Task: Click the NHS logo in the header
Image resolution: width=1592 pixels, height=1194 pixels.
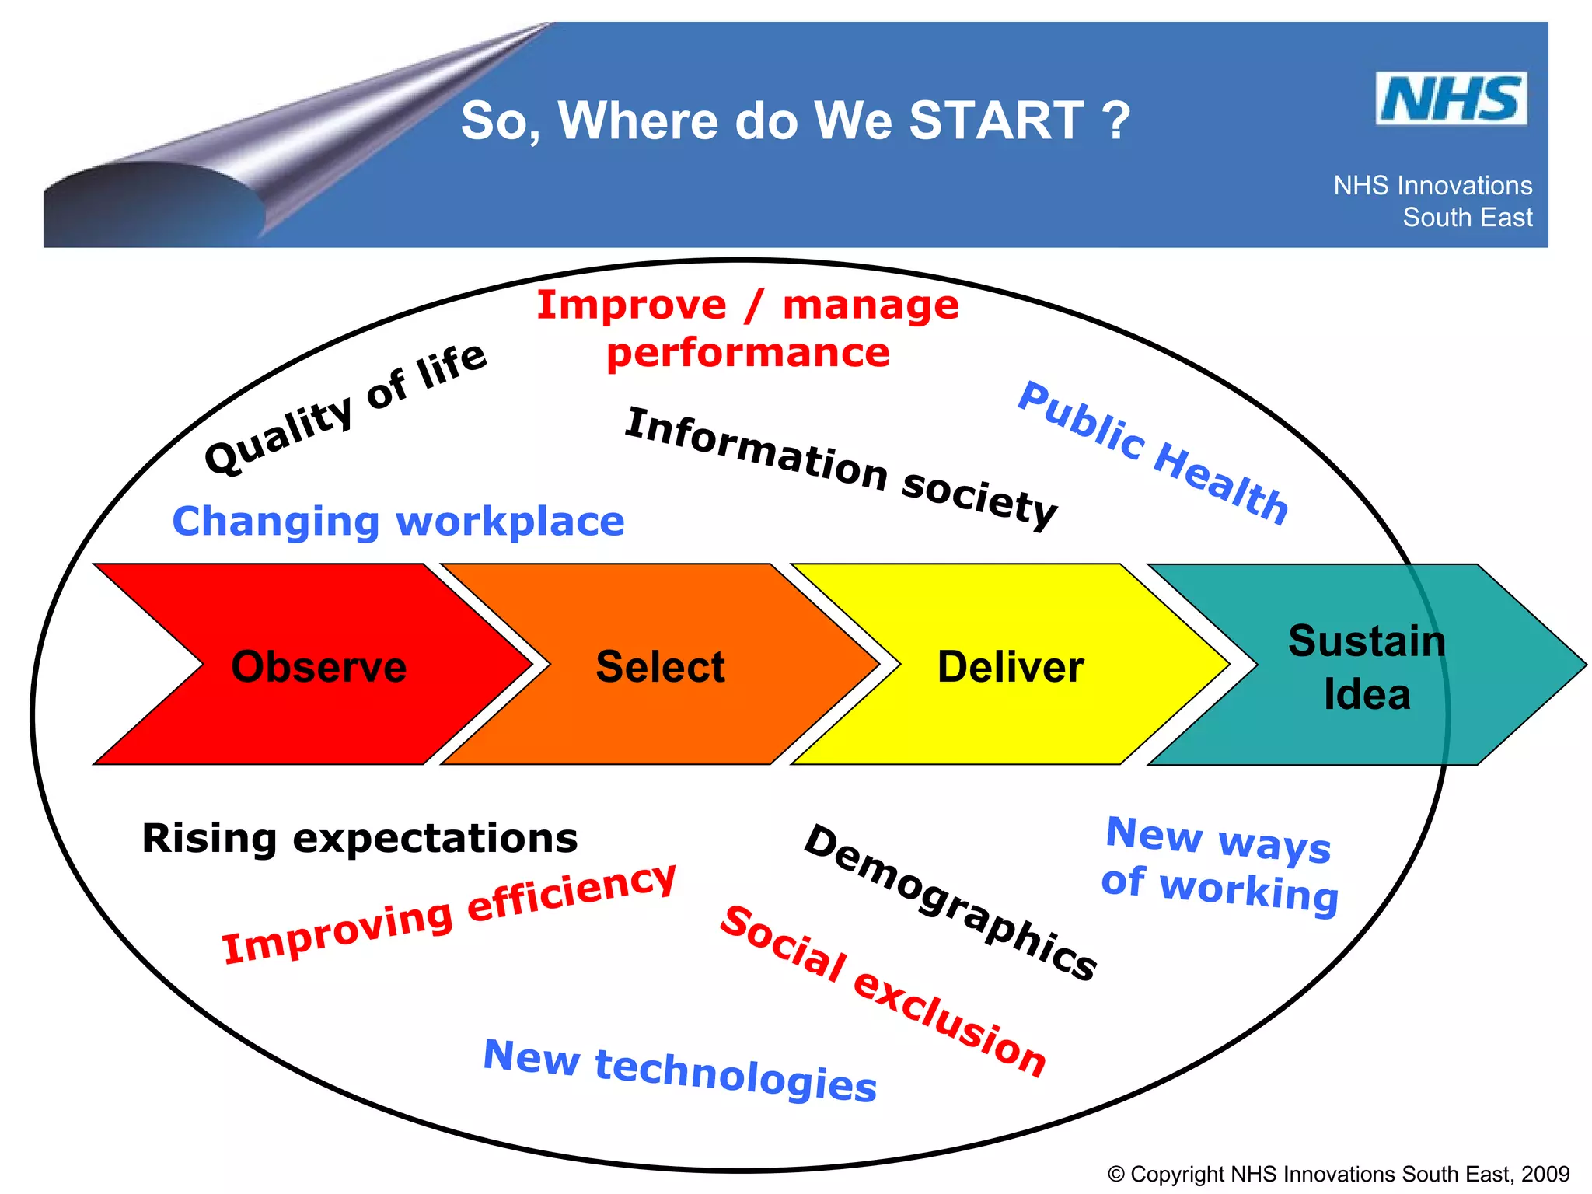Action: (x=1451, y=99)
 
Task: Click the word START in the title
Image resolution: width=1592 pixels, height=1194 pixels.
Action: (x=996, y=120)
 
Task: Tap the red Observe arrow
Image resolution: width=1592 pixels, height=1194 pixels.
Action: (x=319, y=666)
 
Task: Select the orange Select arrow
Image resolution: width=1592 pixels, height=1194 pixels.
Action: (x=660, y=666)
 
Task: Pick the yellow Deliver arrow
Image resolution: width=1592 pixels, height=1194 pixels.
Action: (x=1010, y=666)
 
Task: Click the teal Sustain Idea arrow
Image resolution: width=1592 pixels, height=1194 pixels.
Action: (x=1366, y=666)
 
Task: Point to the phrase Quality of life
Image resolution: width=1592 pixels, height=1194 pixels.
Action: (x=345, y=408)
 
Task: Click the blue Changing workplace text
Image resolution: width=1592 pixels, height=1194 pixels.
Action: (x=398, y=521)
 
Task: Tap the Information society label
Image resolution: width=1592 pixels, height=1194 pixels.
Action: (x=840, y=468)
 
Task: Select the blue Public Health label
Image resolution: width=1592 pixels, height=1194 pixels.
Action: (x=1154, y=453)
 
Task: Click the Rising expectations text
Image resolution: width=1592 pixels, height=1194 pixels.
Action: (x=360, y=838)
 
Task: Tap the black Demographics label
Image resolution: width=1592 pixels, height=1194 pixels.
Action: (x=950, y=902)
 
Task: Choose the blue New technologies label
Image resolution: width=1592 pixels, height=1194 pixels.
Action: (x=679, y=1070)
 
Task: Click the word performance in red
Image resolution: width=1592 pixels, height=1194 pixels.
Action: (x=748, y=353)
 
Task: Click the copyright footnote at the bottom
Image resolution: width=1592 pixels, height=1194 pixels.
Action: (x=1338, y=1174)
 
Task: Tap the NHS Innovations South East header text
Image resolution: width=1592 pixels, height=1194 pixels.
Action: (x=1433, y=201)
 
